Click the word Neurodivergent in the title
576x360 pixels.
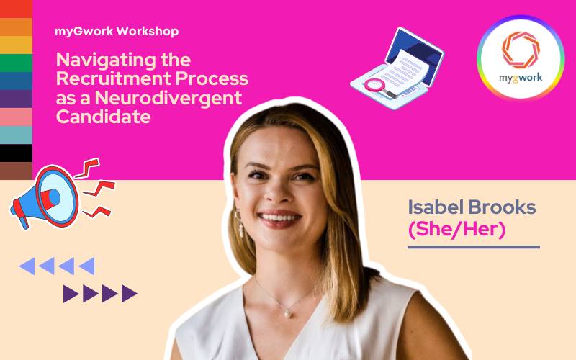(x=168, y=98)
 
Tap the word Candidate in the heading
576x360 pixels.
(x=103, y=117)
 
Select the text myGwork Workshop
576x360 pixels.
(x=117, y=31)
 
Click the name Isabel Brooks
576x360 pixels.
(x=472, y=207)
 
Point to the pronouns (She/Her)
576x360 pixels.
(x=456, y=229)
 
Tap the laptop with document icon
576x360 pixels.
(x=397, y=68)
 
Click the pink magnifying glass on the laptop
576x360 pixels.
(x=379, y=88)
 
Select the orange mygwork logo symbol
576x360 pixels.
(x=521, y=50)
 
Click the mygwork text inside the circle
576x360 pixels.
(x=521, y=78)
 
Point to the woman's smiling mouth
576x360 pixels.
(x=279, y=218)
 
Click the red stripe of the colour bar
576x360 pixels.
(x=16, y=9)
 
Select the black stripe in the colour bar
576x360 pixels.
(x=16, y=153)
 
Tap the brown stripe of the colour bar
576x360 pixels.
(x=16, y=171)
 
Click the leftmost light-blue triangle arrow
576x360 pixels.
(x=27, y=266)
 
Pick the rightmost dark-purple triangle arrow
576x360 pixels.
(x=129, y=294)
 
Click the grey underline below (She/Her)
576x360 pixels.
(x=474, y=247)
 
